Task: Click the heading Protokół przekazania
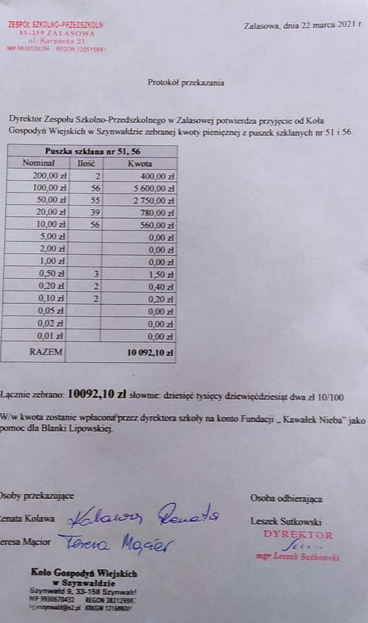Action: click(x=186, y=82)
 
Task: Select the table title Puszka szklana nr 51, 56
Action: click(x=89, y=152)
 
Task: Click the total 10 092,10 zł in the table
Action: click(x=150, y=353)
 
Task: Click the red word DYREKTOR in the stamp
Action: click(x=297, y=535)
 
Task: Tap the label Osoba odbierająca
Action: click(x=286, y=498)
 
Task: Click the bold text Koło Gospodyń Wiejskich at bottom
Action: click(x=84, y=573)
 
